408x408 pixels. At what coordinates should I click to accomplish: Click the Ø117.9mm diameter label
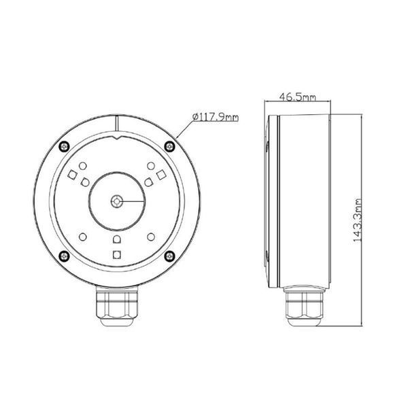pos(216,118)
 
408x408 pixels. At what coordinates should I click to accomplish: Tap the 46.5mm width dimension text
pos(298,97)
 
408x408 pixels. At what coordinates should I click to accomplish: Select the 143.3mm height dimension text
pos(358,220)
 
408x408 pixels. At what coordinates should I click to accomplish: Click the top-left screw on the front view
pos(65,146)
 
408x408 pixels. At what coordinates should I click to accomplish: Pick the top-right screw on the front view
pos(169,146)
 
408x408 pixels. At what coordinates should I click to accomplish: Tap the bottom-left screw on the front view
pos(65,256)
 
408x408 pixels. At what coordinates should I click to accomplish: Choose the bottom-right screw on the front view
pos(169,256)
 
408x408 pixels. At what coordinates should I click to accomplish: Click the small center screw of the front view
pos(117,201)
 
